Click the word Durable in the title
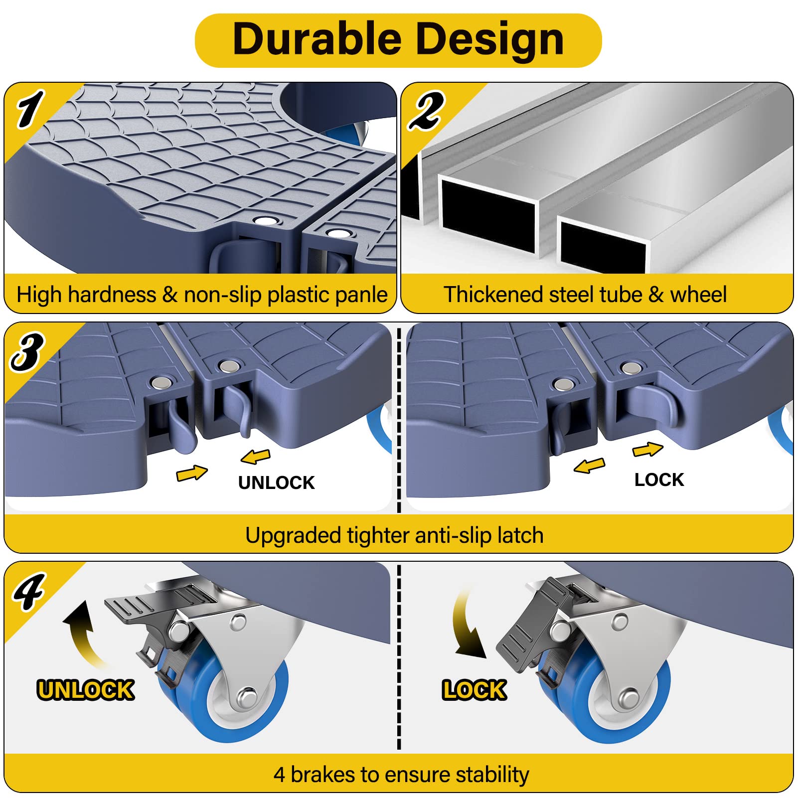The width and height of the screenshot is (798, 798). [317, 39]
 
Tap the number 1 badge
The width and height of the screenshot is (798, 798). [30, 109]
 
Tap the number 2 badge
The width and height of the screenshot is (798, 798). [426, 111]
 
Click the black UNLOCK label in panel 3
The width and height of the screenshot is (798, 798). [276, 482]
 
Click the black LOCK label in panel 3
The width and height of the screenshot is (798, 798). [659, 479]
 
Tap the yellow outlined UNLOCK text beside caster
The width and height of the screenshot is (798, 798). [85, 690]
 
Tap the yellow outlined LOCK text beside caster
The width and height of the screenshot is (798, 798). [474, 690]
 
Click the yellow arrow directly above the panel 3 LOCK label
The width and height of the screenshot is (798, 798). [647, 450]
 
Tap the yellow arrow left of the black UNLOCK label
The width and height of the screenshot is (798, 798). [192, 472]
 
